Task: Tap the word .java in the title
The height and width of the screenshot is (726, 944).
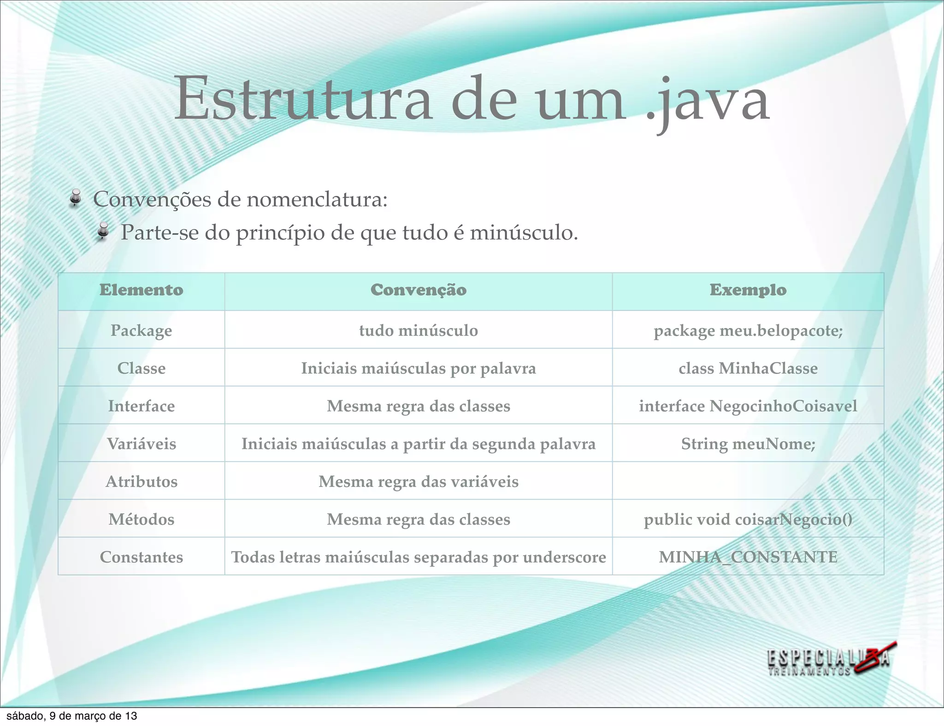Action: pyautogui.click(x=708, y=102)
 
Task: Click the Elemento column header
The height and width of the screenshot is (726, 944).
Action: pyautogui.click(x=141, y=290)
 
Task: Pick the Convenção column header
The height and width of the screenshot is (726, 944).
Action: pyautogui.click(x=418, y=290)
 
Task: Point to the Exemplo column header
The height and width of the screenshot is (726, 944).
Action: pyautogui.click(x=748, y=290)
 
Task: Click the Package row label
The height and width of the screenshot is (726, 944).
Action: pyautogui.click(x=141, y=330)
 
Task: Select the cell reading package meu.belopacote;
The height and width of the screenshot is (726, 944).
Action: pyautogui.click(x=748, y=331)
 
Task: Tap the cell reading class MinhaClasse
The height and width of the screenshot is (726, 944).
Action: pyautogui.click(x=748, y=369)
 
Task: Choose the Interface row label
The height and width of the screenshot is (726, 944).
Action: pyautogui.click(x=141, y=406)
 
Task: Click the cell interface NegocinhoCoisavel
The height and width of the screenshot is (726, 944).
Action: pyautogui.click(x=748, y=406)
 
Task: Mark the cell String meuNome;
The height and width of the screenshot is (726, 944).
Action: pyautogui.click(x=748, y=444)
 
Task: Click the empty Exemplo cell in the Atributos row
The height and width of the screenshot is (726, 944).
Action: pyautogui.click(x=748, y=481)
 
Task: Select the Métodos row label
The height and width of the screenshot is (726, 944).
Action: pyautogui.click(x=141, y=520)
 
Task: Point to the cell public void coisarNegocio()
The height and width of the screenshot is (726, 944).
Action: pyautogui.click(x=748, y=520)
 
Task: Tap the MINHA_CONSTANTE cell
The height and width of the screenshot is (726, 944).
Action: pyautogui.click(x=748, y=557)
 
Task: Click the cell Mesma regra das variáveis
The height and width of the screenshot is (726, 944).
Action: pyautogui.click(x=418, y=482)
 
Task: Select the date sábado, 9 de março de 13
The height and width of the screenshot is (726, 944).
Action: pyautogui.click(x=72, y=716)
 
